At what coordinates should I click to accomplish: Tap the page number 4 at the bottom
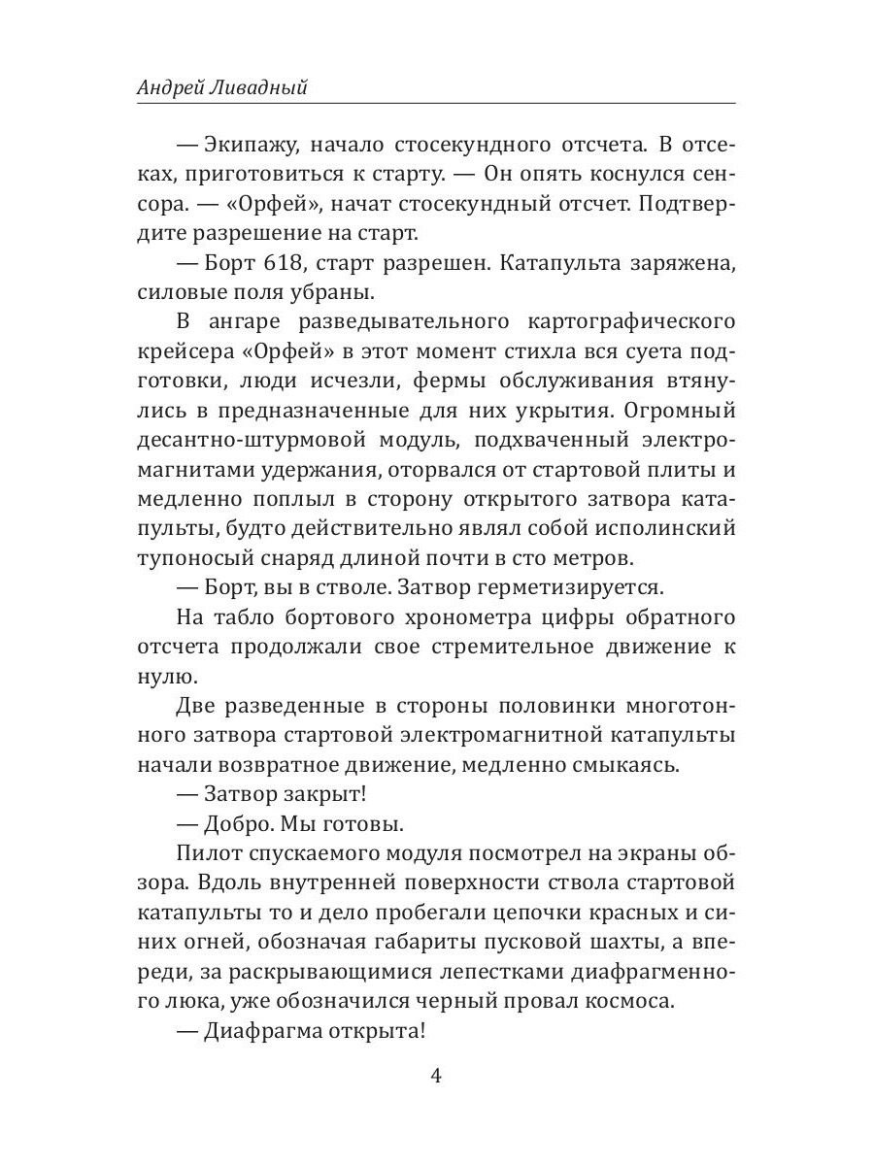436,1077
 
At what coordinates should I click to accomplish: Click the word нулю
159,674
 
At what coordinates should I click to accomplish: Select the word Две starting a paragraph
199,708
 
